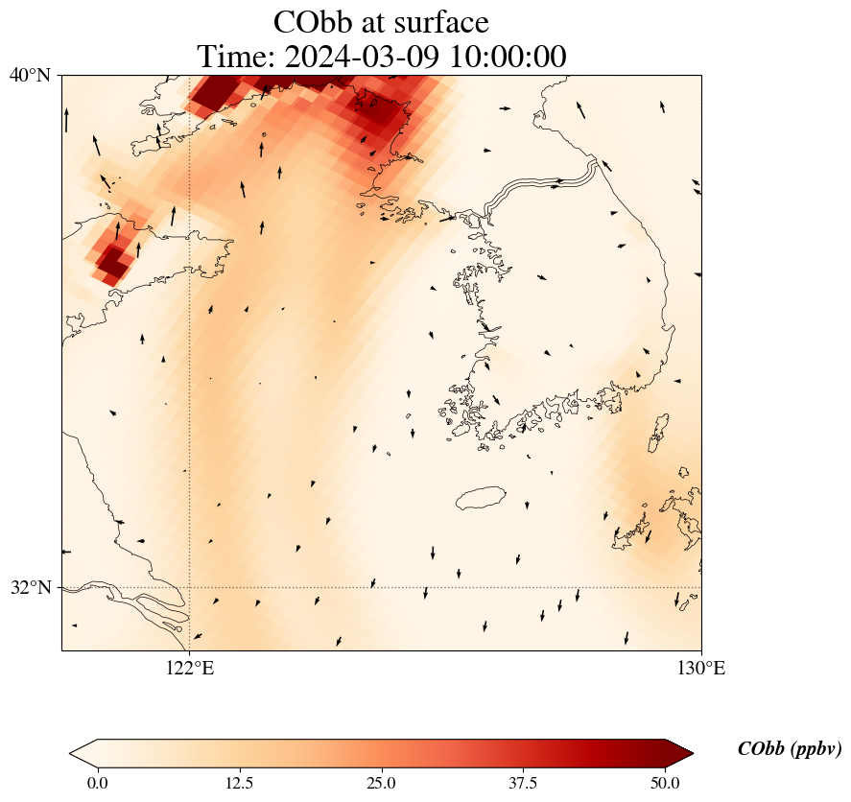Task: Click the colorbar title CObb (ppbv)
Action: (x=790, y=749)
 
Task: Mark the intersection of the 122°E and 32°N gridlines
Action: (x=190, y=587)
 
